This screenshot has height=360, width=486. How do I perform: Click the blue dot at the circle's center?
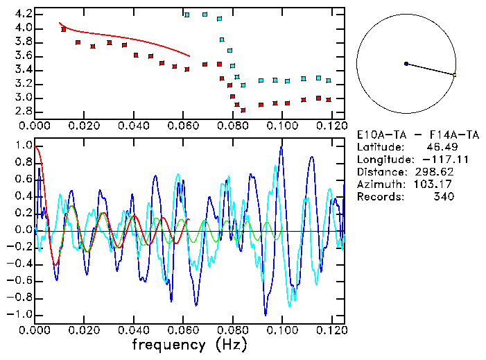[406, 64]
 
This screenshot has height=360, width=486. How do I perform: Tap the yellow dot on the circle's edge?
[454, 74]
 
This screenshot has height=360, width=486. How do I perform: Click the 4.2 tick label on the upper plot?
[24, 14]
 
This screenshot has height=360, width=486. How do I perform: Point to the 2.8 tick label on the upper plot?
[24, 111]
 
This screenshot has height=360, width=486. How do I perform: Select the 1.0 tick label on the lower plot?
[24, 146]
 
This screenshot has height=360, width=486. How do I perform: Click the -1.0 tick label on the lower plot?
[21, 314]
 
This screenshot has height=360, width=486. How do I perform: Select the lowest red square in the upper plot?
[243, 110]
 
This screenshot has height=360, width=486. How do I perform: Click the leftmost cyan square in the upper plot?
[186, 14]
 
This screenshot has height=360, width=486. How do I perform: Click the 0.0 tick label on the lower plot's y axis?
[24, 230]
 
